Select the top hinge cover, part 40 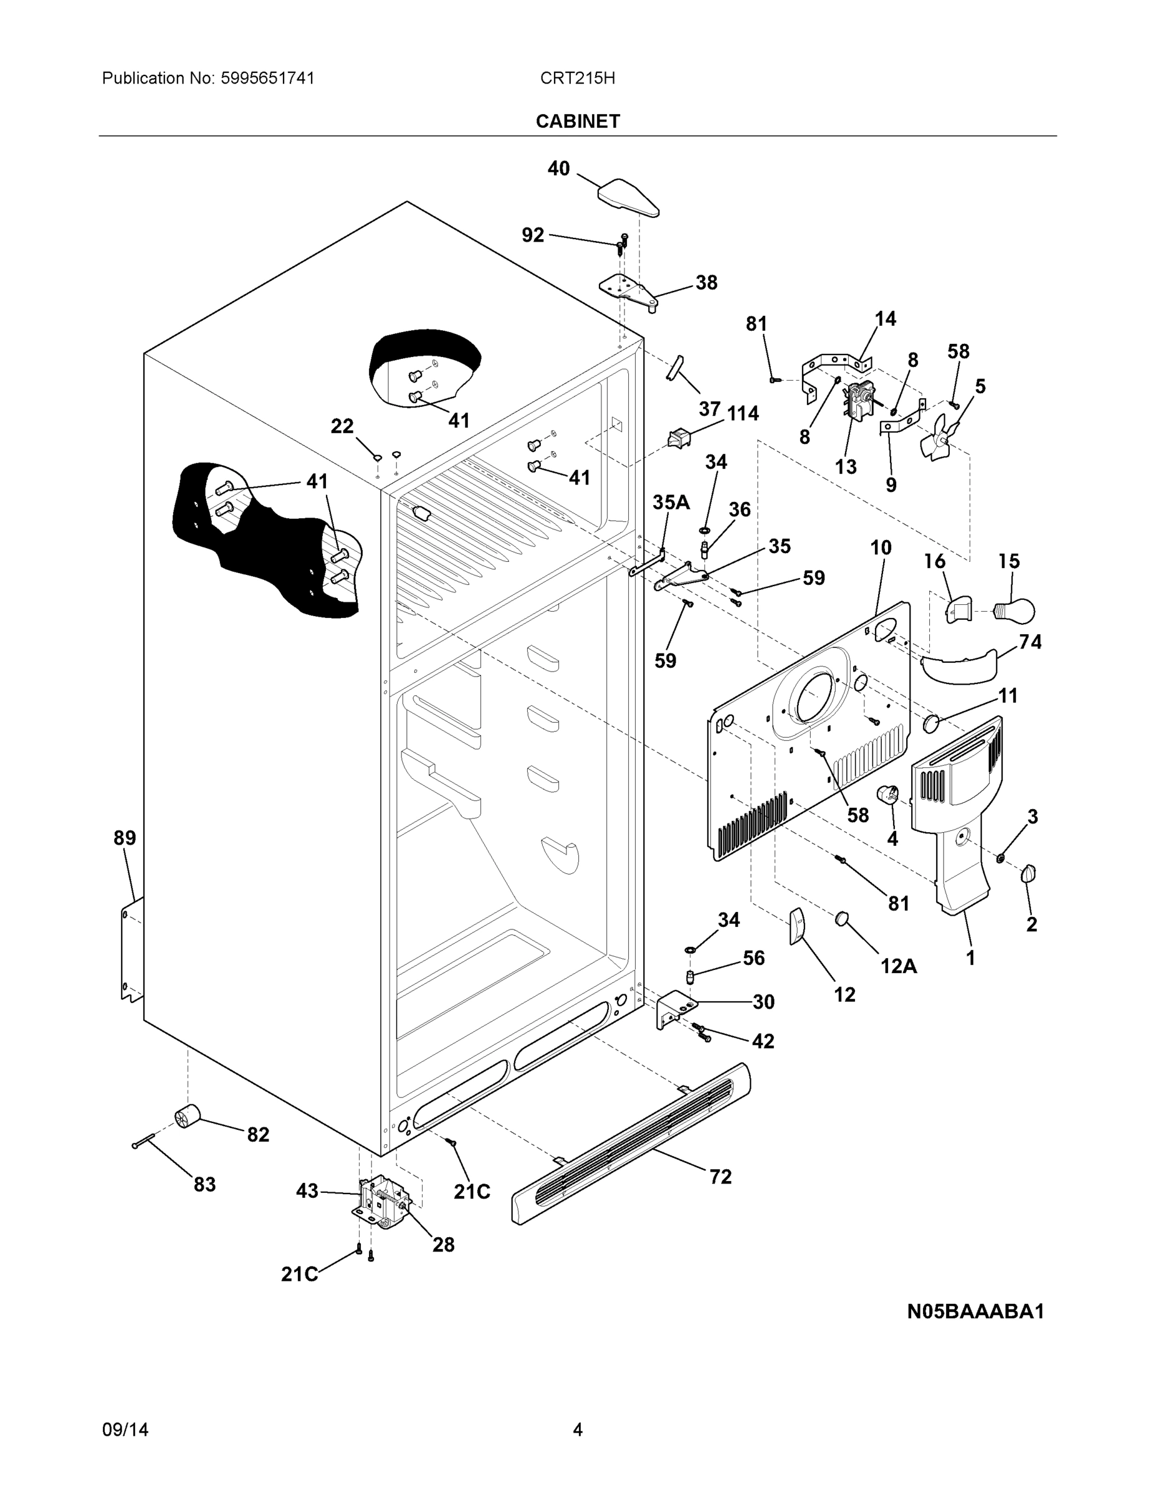pos(628,198)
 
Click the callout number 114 pos(742,414)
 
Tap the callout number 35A pos(671,503)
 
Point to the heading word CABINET pos(577,121)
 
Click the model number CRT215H pos(577,78)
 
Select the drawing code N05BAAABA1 pos(975,1311)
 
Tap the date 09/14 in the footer pos(125,1430)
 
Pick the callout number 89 pos(125,837)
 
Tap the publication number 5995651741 pos(267,78)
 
